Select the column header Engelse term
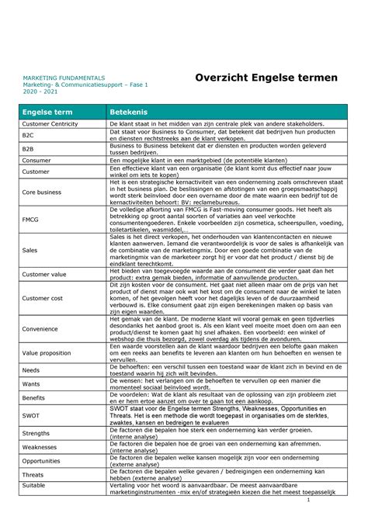(48, 113)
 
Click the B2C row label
(29, 135)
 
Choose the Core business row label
(42, 191)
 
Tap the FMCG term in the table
(32, 220)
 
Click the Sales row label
(30, 251)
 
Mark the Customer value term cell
(45, 274)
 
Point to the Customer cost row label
(43, 298)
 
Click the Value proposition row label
(48, 352)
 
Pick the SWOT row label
(32, 416)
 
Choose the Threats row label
(33, 475)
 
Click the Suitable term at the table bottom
(35, 485)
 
